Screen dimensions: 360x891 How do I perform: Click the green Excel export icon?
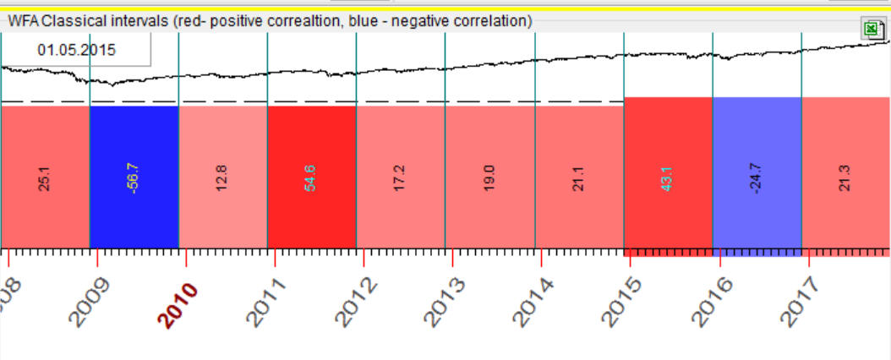point(871,30)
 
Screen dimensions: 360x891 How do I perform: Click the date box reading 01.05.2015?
point(77,50)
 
